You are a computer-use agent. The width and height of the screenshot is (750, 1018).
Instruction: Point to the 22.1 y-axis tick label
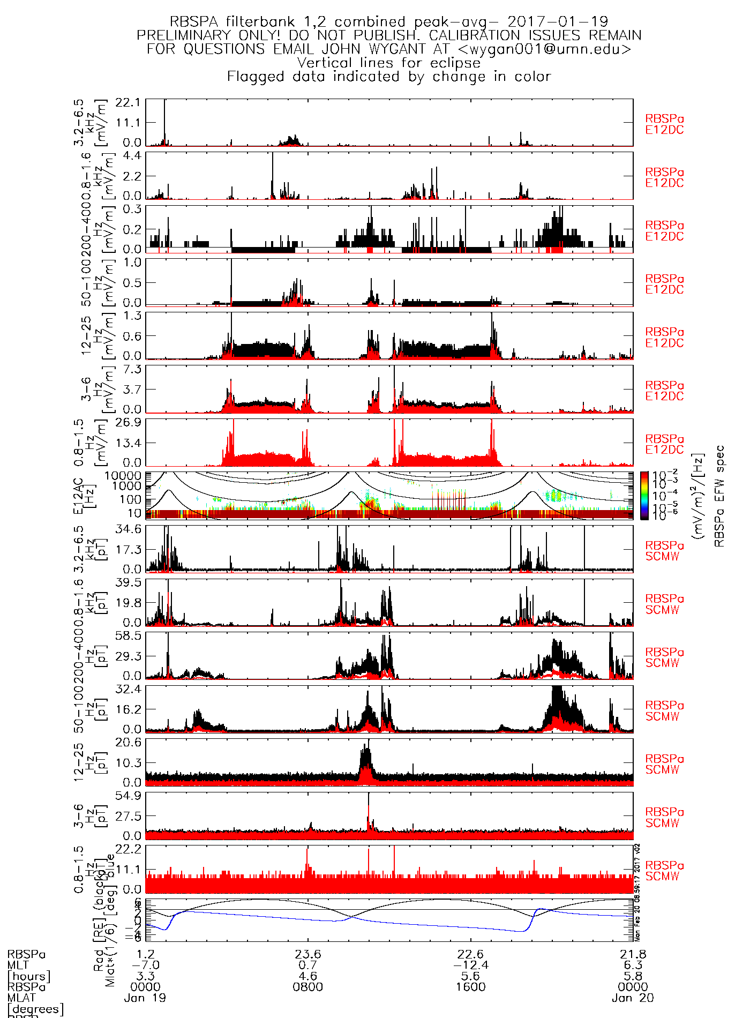128,102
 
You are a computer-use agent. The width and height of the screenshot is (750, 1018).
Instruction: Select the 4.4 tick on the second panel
132,155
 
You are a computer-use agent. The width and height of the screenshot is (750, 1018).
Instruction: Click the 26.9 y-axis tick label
128,422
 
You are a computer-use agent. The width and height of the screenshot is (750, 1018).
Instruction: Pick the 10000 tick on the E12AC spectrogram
123,476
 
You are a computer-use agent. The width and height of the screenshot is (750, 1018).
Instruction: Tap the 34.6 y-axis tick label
128,529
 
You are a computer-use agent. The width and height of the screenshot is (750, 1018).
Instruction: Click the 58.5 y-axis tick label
128,635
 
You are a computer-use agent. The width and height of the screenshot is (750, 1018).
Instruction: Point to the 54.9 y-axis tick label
128,796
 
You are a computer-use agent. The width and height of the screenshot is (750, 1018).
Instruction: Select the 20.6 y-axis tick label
128,742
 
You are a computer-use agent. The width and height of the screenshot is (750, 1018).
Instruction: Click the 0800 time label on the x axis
308,987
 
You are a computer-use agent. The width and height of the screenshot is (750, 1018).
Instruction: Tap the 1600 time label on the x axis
470,987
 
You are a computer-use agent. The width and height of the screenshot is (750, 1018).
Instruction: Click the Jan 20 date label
633,998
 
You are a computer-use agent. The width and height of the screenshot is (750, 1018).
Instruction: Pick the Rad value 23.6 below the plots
308,954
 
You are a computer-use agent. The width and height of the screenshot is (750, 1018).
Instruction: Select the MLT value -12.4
470,965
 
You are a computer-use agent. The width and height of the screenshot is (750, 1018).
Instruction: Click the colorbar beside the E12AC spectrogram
644,496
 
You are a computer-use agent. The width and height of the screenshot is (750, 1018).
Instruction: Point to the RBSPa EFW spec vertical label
719,496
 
